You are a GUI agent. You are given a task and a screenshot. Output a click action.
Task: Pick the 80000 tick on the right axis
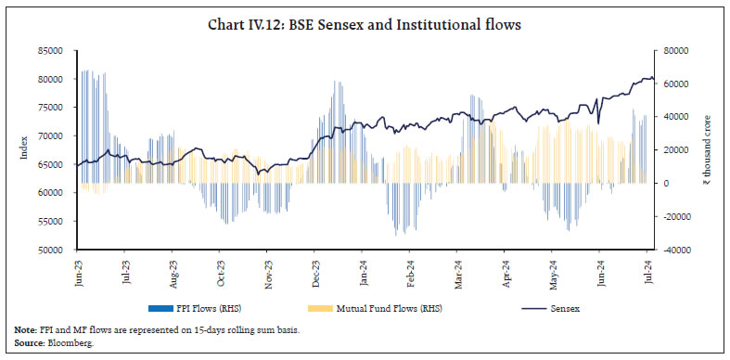672,50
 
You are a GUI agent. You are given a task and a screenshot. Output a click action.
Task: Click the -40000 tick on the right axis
672,250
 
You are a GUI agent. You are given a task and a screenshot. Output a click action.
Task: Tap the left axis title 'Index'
23,149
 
